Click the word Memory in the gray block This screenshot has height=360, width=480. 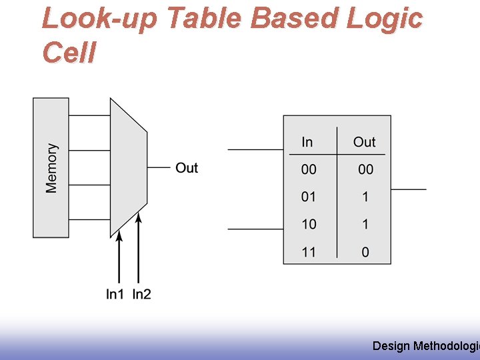pyautogui.click(x=51, y=168)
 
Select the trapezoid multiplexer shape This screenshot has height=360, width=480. pyautogui.click(x=128, y=168)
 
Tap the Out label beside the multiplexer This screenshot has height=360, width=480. pyautogui.click(x=187, y=168)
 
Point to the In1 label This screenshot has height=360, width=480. pyautogui.click(x=115, y=294)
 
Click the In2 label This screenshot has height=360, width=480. pyautogui.click(x=141, y=294)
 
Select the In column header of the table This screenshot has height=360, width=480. pyautogui.click(x=307, y=142)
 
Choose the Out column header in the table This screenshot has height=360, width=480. pyautogui.click(x=364, y=142)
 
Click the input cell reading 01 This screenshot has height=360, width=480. pyautogui.click(x=309, y=197)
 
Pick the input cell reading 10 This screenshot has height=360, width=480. pyautogui.click(x=309, y=225)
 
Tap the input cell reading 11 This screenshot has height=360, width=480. pyautogui.click(x=309, y=252)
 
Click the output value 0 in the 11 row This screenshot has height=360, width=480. pyautogui.click(x=365, y=252)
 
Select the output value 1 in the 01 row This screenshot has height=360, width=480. pyautogui.click(x=365, y=197)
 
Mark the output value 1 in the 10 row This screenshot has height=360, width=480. pyautogui.click(x=365, y=225)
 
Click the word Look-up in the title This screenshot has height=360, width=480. pyautogui.click(x=99, y=19)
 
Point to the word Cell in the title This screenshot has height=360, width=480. pyautogui.click(x=69, y=53)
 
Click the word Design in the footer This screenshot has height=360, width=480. pyautogui.click(x=391, y=345)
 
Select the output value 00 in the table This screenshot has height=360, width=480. pyautogui.click(x=365, y=170)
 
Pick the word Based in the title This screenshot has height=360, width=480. pyautogui.click(x=295, y=19)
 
